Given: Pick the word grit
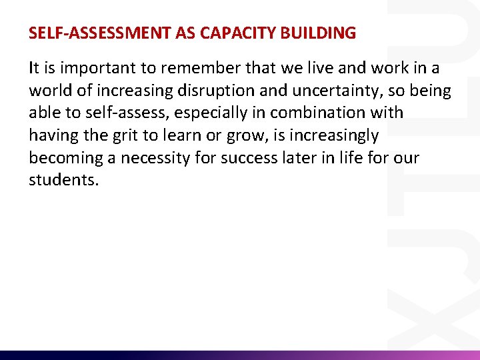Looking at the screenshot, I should [127, 136].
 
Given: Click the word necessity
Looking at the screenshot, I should [148, 159].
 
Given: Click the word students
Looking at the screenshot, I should [63, 181].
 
